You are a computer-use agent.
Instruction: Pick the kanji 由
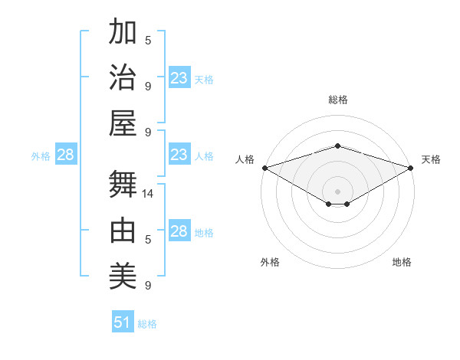pos(123,231)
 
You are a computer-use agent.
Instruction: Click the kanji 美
pos(123,276)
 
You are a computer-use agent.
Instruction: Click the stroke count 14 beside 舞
pos(149,194)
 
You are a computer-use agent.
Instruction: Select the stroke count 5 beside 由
pos(148,240)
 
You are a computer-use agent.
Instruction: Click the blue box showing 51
pos(122,322)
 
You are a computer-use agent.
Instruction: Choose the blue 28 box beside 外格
pos(66,155)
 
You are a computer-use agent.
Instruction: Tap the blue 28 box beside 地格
pos(179,231)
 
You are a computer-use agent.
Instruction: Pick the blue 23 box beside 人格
pos(179,155)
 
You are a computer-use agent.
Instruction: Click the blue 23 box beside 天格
pos(179,78)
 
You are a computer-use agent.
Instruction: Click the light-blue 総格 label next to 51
pos(147,324)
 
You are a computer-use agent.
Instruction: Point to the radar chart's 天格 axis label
pos(431,159)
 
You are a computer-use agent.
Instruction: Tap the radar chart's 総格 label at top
pos(337,100)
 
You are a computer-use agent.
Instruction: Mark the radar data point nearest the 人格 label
pos(264,168)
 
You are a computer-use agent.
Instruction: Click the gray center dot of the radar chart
pos(337,190)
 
